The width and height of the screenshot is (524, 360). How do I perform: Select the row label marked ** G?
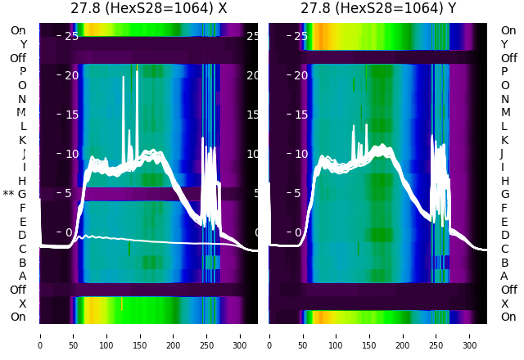[16, 194]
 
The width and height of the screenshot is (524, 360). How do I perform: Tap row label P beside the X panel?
[22, 71]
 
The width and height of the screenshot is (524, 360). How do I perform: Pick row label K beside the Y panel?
[504, 140]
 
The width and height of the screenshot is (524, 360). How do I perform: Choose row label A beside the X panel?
[22, 276]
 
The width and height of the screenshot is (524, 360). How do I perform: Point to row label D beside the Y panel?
[504, 235]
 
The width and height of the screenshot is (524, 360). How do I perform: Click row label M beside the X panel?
[22, 112]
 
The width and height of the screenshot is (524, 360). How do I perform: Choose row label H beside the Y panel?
[504, 181]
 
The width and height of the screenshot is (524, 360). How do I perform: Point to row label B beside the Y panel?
[504, 263]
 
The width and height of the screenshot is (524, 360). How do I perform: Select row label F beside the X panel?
[22, 208]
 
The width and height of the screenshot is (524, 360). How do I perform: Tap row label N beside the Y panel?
[504, 99]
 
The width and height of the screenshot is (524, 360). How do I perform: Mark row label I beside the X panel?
[22, 167]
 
